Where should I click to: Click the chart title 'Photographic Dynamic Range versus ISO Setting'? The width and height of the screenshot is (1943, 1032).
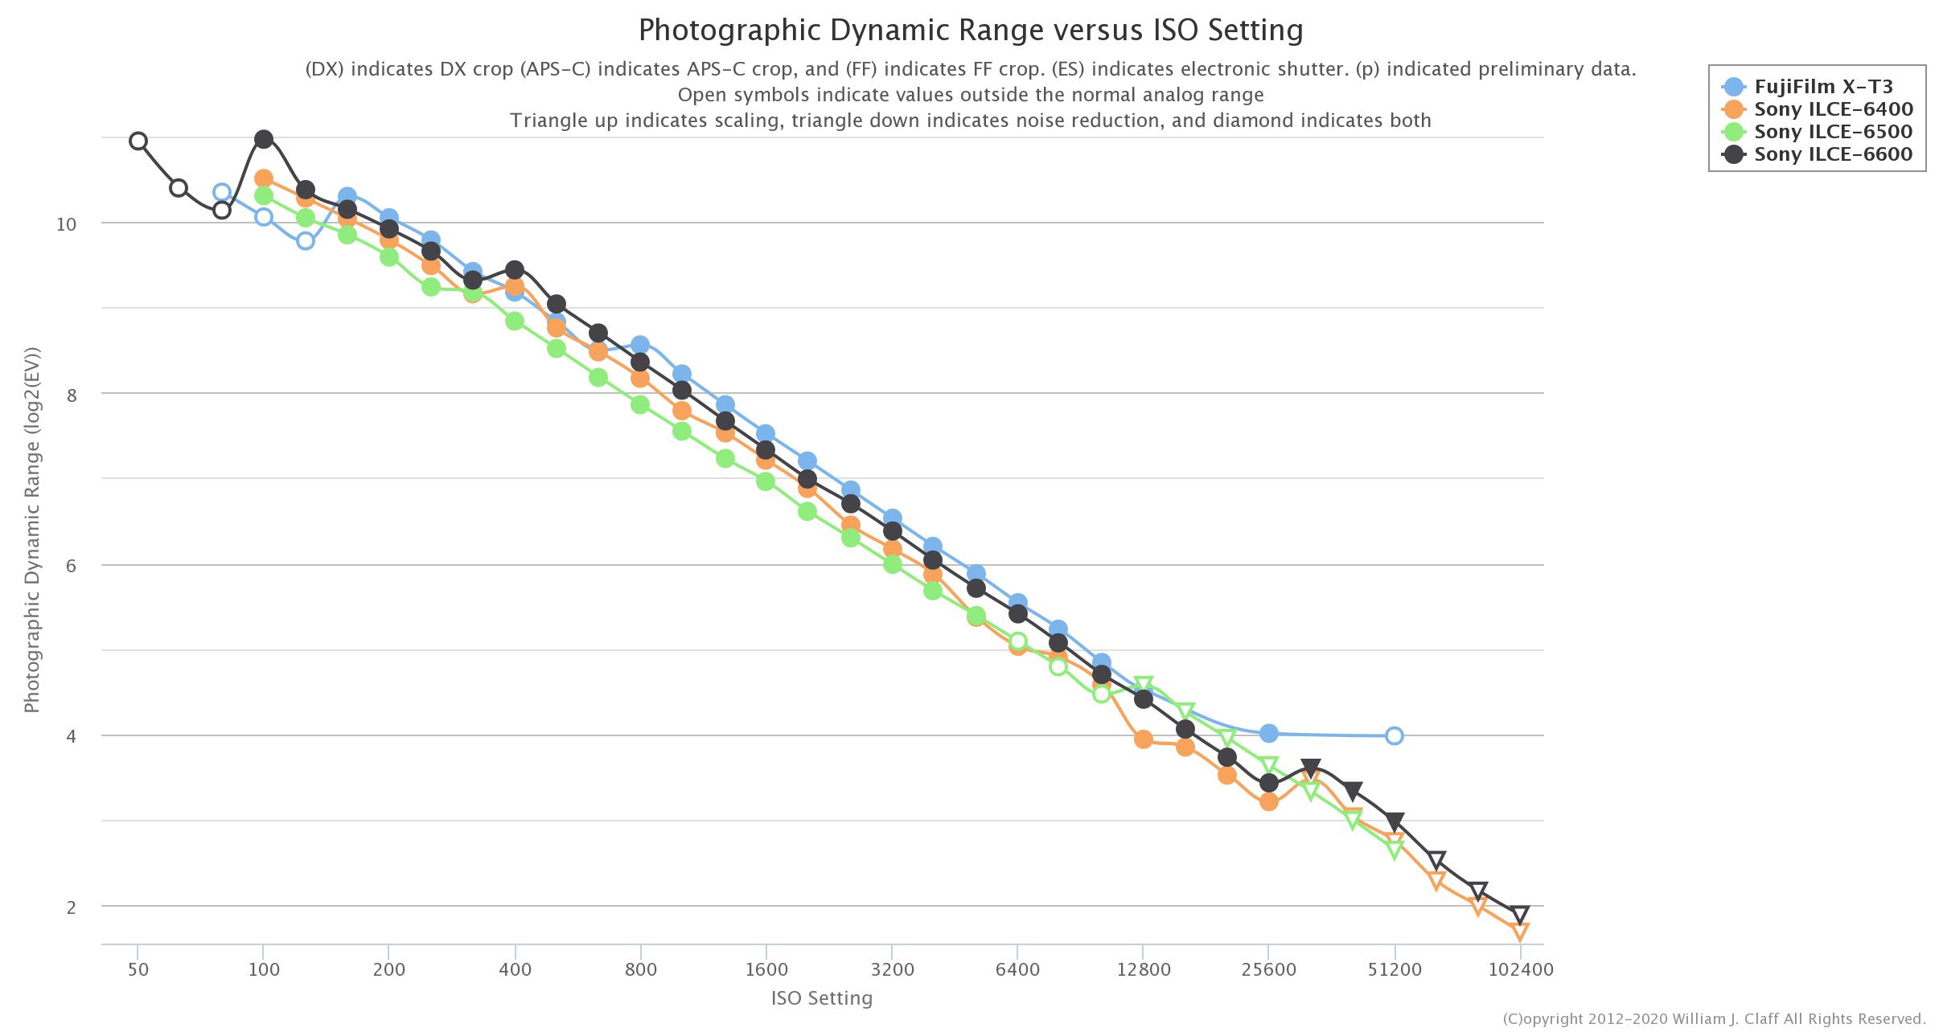(x=970, y=31)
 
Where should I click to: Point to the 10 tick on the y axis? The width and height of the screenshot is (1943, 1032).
(x=66, y=223)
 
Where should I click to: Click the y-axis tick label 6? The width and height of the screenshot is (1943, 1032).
(x=72, y=566)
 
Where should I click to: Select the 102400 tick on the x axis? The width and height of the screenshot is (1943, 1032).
(x=1520, y=969)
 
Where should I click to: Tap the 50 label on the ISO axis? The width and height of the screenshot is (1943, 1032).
(x=138, y=969)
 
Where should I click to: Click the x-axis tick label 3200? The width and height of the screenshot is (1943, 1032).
(x=892, y=969)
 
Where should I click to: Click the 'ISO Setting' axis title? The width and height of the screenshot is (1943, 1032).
(x=821, y=998)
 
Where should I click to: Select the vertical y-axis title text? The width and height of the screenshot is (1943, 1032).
(x=32, y=530)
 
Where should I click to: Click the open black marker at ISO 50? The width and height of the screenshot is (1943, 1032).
(x=138, y=141)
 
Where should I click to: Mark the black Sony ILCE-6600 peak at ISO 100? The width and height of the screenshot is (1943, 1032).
(x=264, y=140)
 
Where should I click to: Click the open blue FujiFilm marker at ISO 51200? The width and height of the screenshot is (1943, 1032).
(x=1395, y=735)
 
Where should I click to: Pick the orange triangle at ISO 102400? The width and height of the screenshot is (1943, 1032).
(x=1520, y=931)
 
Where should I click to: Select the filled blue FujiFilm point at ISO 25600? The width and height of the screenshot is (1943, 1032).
(x=1269, y=733)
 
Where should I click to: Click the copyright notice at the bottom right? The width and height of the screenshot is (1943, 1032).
(x=1714, y=1019)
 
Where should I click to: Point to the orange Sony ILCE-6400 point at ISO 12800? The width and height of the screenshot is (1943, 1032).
(x=1144, y=739)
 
